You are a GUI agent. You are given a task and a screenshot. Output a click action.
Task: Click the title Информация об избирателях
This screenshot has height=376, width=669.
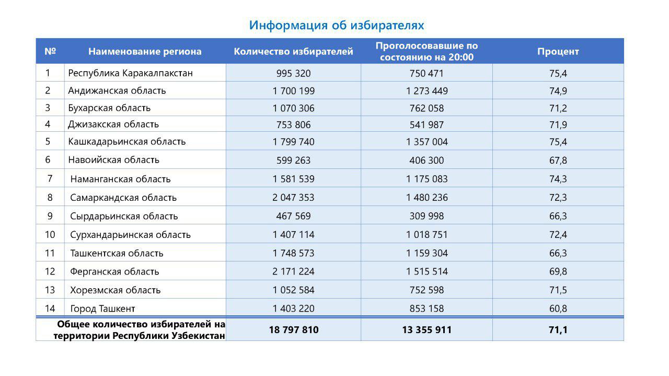[x=336, y=25]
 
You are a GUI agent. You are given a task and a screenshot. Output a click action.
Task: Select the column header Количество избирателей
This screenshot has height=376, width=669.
[x=293, y=51]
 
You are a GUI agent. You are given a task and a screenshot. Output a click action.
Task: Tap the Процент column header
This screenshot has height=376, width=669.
[x=558, y=51]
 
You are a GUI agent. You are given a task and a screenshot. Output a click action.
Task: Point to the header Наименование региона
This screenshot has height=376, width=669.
[x=145, y=51]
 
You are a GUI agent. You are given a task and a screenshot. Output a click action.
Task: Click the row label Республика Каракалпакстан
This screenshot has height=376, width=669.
[x=130, y=73]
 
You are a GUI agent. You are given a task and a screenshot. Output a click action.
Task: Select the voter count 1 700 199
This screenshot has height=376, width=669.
[x=293, y=91]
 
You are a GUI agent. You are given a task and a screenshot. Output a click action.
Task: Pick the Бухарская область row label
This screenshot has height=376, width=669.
[x=109, y=108]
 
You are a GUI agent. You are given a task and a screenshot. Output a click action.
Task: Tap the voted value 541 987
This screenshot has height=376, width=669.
[x=426, y=125]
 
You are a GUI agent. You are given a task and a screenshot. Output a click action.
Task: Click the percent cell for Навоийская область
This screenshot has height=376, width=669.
[x=558, y=160]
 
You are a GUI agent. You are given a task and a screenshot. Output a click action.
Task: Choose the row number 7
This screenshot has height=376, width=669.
[x=50, y=178]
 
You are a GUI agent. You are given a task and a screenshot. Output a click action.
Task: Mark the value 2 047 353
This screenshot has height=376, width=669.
[x=293, y=198]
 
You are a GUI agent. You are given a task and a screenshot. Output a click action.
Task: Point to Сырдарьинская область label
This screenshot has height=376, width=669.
[x=124, y=216]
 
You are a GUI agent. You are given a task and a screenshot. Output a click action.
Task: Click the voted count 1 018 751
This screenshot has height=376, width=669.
[x=426, y=235]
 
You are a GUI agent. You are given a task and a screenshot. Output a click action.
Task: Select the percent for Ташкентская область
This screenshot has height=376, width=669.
[x=558, y=253]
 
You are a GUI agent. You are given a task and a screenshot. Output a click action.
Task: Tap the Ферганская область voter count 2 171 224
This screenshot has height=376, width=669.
[x=293, y=272]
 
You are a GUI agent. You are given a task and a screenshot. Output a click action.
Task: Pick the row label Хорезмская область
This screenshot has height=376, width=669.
[x=115, y=290]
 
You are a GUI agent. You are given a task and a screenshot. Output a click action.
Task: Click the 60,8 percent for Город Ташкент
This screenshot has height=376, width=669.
[x=558, y=309]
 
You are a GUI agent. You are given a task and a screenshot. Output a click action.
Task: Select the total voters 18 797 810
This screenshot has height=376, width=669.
[x=293, y=330]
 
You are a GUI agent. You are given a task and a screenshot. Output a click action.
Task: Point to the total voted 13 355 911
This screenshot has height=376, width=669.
[x=426, y=330]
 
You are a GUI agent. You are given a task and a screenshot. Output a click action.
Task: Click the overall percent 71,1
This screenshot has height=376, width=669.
[x=558, y=330]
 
